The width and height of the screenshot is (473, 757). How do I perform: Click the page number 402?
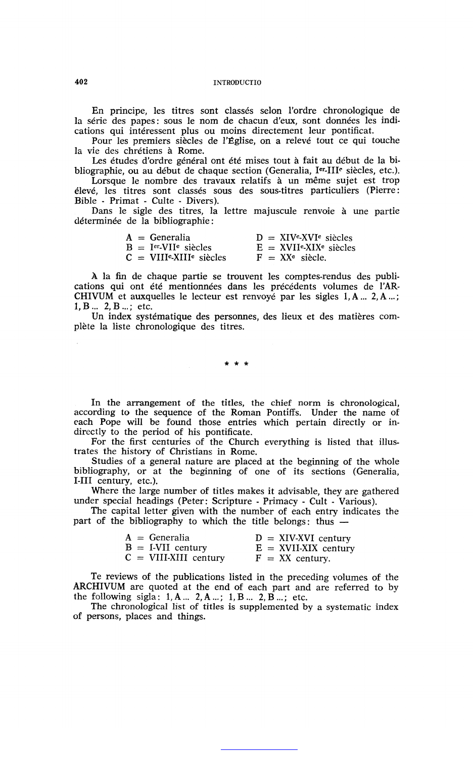tap(81, 82)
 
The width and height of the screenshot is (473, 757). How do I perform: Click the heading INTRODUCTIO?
tap(237, 82)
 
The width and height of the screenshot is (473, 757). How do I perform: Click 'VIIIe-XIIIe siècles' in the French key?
tap(188, 257)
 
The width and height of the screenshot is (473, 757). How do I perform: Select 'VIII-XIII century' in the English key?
tap(187, 558)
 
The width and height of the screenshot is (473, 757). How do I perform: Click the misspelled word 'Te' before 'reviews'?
tap(96, 577)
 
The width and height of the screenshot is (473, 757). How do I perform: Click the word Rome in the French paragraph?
tap(191, 151)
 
